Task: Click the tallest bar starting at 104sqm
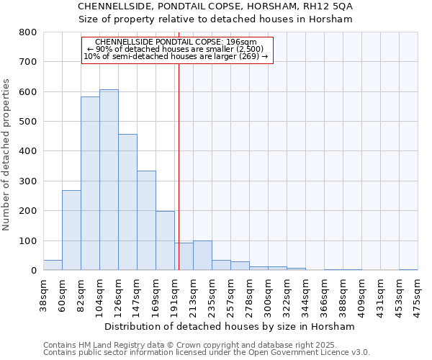[x=109, y=180]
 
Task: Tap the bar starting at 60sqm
[x=71, y=230]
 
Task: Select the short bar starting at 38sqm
[x=53, y=265]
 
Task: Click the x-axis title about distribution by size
[x=230, y=327]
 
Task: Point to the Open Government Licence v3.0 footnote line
[x=207, y=353]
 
